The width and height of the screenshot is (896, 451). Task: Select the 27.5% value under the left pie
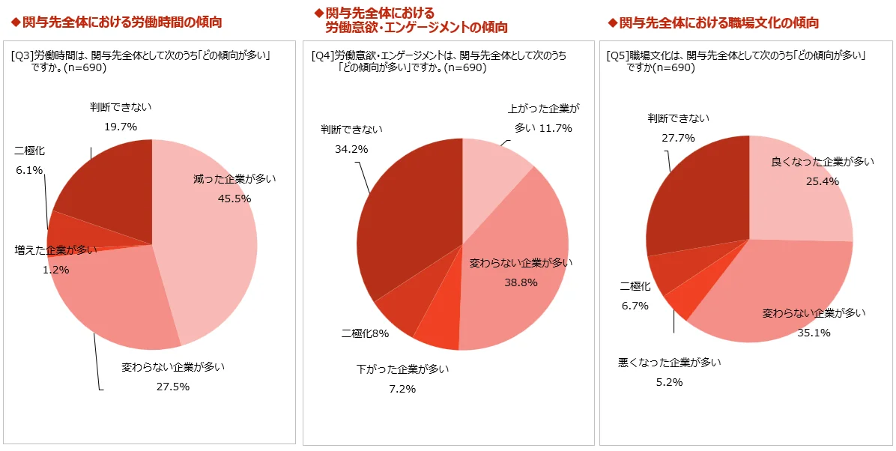coord(173,387)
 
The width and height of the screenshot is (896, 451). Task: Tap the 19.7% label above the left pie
coord(120,127)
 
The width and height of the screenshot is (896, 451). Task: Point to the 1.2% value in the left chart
coord(55,270)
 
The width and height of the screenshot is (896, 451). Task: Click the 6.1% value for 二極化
coord(29,170)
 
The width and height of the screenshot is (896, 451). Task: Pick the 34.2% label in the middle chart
coord(351,149)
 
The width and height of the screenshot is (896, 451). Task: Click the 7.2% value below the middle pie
coord(402,389)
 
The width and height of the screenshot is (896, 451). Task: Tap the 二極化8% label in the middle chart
coord(365,333)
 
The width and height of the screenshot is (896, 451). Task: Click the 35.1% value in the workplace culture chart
coord(814,333)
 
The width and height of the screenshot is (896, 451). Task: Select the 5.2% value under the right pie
coord(669,382)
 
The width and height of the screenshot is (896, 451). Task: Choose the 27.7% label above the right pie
coord(678,138)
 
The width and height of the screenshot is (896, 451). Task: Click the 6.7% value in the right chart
coord(634,306)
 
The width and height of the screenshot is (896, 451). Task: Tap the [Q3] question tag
coord(22,55)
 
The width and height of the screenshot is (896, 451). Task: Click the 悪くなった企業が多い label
coord(669,363)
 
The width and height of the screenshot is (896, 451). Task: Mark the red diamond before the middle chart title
coord(318,13)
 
